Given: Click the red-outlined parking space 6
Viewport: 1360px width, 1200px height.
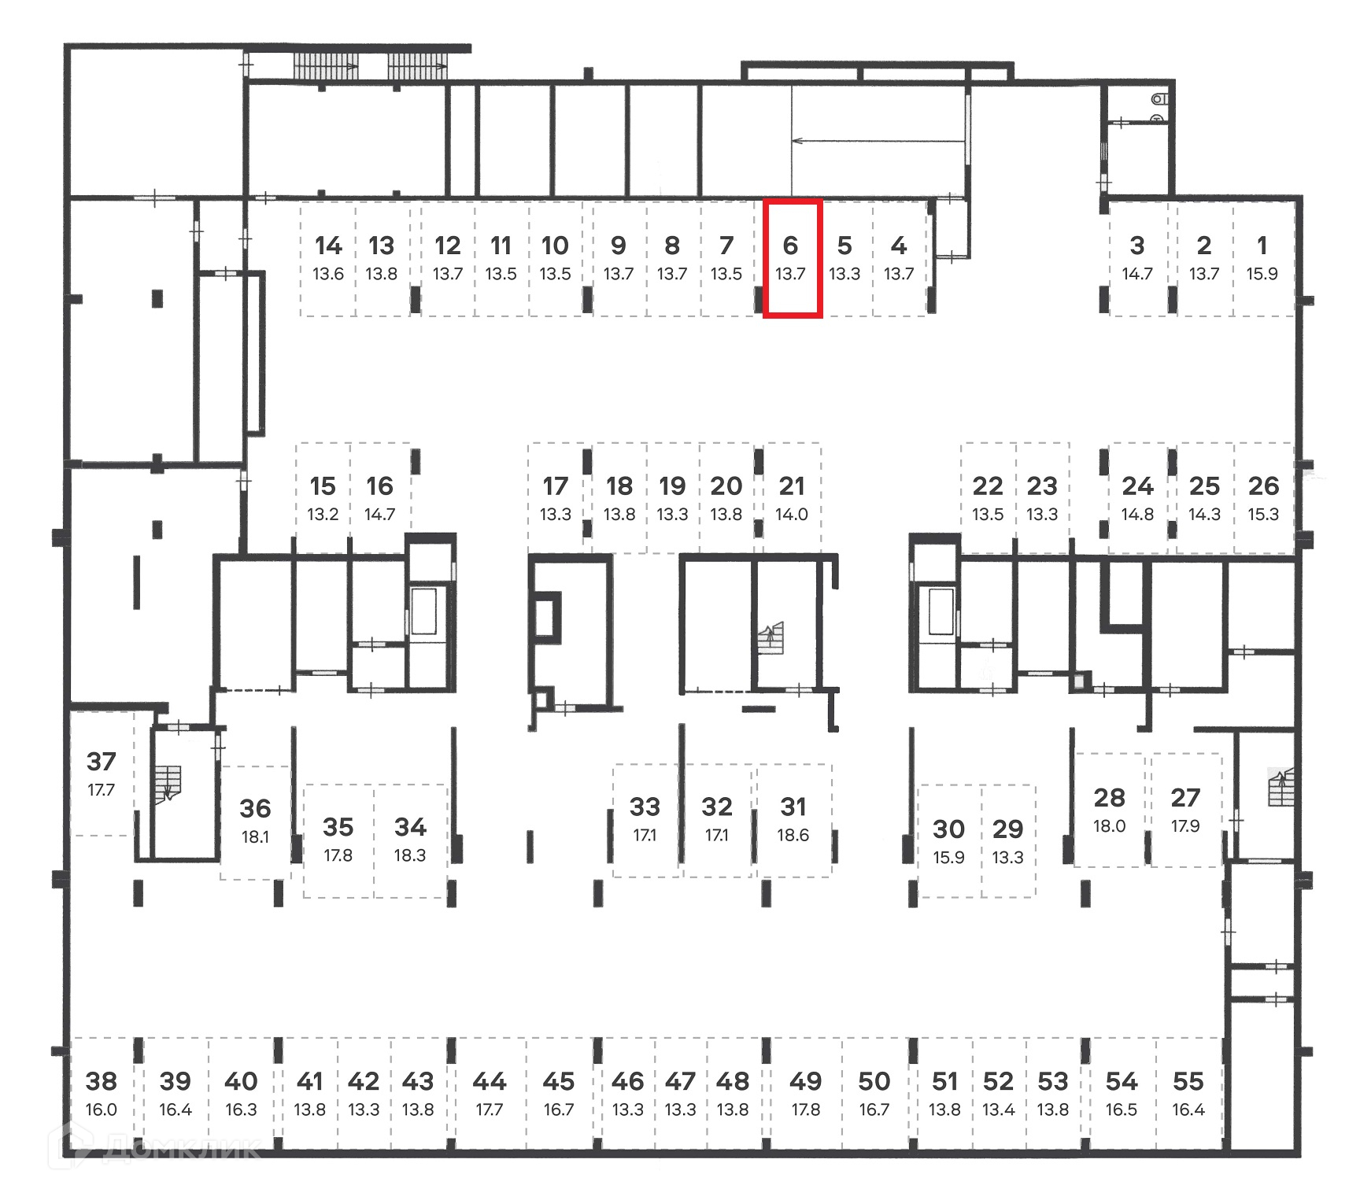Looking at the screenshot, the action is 792,258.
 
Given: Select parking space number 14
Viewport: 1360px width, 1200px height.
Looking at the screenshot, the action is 328,258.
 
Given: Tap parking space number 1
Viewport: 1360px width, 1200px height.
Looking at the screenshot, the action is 1262,258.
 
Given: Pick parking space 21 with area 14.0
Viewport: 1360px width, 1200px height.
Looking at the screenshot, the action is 792,498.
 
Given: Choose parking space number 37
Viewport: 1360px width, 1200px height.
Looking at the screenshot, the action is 102,774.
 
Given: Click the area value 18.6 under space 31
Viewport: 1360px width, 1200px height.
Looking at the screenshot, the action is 793,836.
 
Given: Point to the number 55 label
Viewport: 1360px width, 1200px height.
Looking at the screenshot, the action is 1188,1081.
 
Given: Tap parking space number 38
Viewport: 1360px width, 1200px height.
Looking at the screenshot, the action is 102,1094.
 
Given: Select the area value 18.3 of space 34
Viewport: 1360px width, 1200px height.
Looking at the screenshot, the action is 409,855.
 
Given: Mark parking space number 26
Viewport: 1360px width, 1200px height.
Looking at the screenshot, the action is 1263,498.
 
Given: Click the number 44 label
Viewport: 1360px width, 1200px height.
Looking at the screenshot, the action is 489,1081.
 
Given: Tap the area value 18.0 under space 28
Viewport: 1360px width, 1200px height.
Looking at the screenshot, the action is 1109,826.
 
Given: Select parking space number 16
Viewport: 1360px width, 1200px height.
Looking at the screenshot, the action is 379,498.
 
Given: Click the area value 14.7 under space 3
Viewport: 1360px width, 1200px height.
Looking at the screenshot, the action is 1137,274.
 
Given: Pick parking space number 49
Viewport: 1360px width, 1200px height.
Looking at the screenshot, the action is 805,1094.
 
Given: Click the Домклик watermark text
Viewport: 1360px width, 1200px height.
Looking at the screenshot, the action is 181,1147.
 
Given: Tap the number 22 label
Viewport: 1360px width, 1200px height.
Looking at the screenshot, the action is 988,486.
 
